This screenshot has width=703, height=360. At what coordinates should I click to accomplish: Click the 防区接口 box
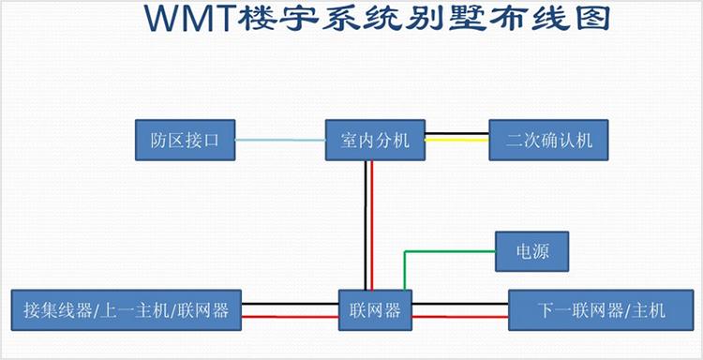tap(184, 141)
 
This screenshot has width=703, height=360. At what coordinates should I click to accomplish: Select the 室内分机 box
tap(375, 141)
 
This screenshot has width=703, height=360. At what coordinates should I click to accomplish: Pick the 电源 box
tap(533, 251)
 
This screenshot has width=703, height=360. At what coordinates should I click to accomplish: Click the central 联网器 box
tap(375, 308)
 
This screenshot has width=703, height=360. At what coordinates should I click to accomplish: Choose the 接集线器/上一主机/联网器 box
tap(126, 308)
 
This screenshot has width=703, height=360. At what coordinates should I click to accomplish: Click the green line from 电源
tap(450, 251)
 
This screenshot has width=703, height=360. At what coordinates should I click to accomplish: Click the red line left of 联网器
tap(291, 317)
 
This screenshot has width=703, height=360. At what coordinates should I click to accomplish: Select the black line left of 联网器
tap(291, 304)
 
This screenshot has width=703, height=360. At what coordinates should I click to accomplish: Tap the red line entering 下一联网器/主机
tap(460, 317)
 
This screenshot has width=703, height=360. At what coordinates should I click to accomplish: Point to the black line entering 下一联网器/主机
tap(460, 304)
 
